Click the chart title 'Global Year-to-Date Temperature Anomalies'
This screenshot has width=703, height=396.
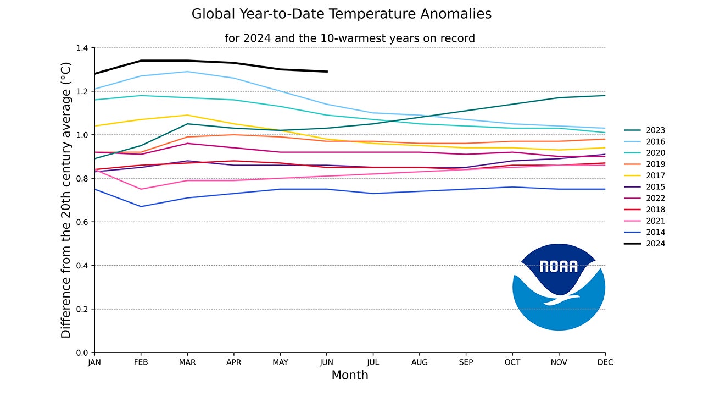[341, 14]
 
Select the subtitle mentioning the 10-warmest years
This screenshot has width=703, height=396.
[349, 38]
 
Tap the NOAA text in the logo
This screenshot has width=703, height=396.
[559, 267]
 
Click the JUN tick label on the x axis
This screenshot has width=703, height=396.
[327, 362]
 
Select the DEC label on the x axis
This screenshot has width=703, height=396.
[605, 362]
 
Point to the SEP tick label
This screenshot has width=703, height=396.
[466, 362]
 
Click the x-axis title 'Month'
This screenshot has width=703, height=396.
[350, 376]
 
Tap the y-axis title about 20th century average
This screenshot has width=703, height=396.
[66, 200]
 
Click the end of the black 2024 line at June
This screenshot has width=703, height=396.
[327, 71]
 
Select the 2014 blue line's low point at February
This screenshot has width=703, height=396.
[141, 207]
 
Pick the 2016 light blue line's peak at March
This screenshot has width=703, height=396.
[188, 71]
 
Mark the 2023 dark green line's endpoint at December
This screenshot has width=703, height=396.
[605, 96]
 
